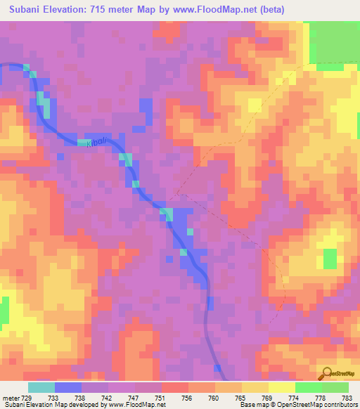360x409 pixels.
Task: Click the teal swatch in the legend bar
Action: tap(41, 387)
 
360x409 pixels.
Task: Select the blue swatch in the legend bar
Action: tap(68, 387)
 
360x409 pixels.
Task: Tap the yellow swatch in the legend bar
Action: tap(255, 387)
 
